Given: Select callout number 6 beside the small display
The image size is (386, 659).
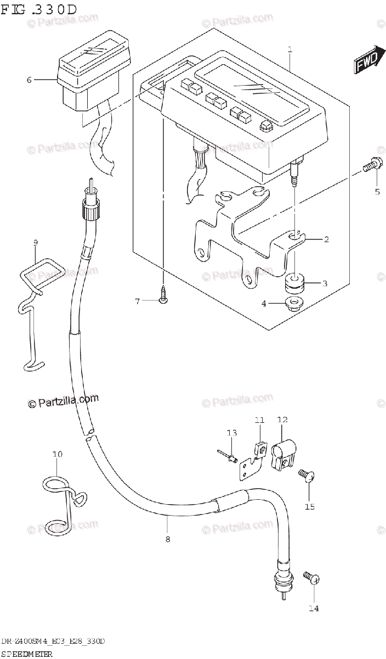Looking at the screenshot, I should pyautogui.click(x=30, y=80).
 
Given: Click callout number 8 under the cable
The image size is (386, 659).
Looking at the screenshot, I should pyautogui.click(x=167, y=539).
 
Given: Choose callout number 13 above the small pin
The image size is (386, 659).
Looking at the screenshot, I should pyautogui.click(x=232, y=433).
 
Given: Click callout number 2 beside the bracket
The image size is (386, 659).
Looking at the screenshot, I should pyautogui.click(x=326, y=239).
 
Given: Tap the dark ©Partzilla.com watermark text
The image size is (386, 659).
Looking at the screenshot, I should pyautogui.click(x=63, y=402).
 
